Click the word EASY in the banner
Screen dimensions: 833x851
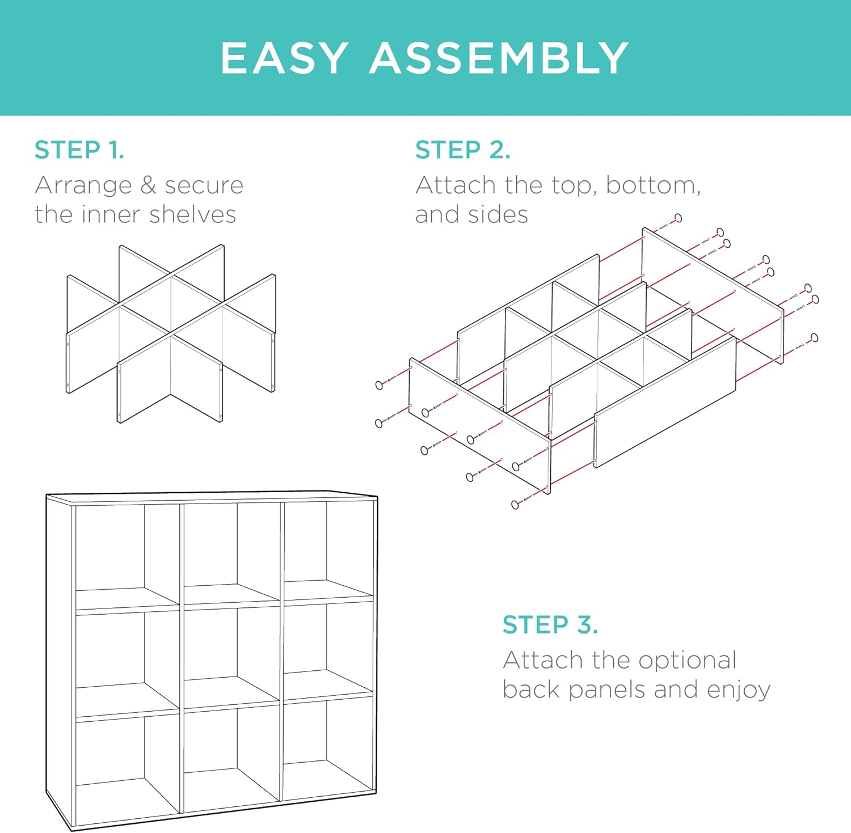click(x=284, y=58)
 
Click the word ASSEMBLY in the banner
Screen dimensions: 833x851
click(x=499, y=58)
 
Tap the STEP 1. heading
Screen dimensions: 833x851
click(x=79, y=150)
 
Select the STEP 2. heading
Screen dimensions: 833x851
click(x=462, y=150)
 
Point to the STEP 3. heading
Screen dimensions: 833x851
click(x=550, y=625)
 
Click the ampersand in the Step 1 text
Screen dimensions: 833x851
click(x=148, y=185)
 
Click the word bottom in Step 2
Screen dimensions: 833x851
click(x=652, y=185)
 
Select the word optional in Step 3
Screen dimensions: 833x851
click(x=687, y=661)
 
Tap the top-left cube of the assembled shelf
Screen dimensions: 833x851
click(x=128, y=556)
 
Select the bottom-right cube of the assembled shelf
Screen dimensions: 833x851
click(x=328, y=746)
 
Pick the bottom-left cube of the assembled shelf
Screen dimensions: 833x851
click(x=128, y=766)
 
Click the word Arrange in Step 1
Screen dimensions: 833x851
click(x=83, y=185)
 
